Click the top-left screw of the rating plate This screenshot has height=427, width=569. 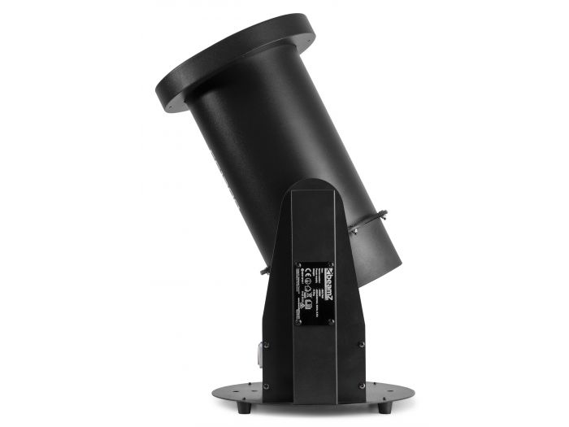point(298,264)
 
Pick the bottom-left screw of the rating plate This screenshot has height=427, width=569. point(298,320)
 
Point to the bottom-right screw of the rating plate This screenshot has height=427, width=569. point(331,320)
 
